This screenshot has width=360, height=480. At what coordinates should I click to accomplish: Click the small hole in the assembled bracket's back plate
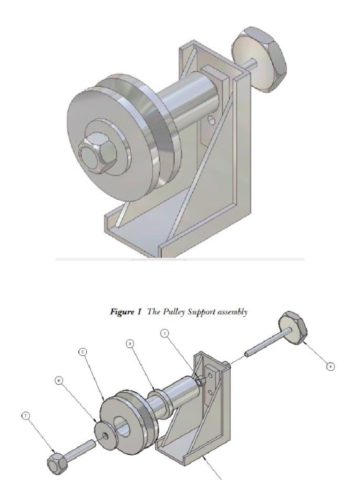pyautogui.click(x=212, y=121)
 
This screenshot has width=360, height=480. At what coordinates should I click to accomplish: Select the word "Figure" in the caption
pyautogui.click(x=121, y=312)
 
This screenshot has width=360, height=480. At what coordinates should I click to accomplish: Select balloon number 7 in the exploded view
pyautogui.click(x=26, y=415)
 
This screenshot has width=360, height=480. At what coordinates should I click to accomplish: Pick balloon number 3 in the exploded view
pyautogui.click(x=130, y=344)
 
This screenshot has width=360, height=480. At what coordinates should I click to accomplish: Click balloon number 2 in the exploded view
pyautogui.click(x=165, y=333)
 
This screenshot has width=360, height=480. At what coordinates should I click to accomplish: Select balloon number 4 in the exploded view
pyautogui.click(x=331, y=367)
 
